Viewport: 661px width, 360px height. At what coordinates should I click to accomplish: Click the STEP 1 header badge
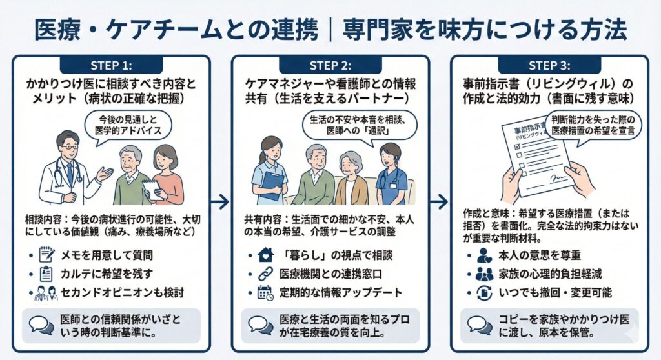[x=110, y=65]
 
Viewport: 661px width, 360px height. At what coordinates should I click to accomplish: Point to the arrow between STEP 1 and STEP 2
[x=220, y=202]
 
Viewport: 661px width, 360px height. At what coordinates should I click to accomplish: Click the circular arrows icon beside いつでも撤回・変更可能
[x=484, y=292]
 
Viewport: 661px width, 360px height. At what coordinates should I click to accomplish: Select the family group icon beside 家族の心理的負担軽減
[x=484, y=274]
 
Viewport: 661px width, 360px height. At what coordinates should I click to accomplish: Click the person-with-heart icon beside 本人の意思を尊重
[x=484, y=255]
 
